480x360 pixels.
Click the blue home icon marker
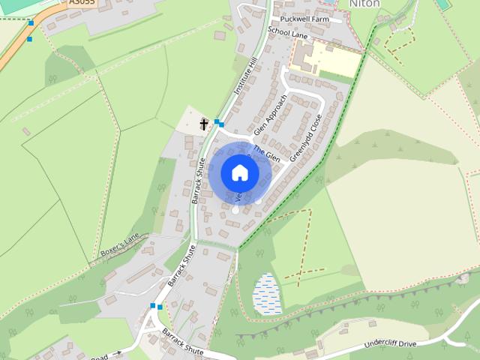click(239, 172)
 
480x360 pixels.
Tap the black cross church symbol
click(204, 124)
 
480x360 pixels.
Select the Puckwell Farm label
click(304, 19)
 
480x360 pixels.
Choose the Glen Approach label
click(270, 115)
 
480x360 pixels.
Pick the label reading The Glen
click(266, 153)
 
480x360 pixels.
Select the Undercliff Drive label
click(389, 343)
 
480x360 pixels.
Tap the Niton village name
click(364, 4)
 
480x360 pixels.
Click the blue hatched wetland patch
click(267, 293)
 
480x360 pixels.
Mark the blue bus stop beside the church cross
click(218, 121)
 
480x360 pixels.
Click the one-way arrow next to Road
click(117, 352)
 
